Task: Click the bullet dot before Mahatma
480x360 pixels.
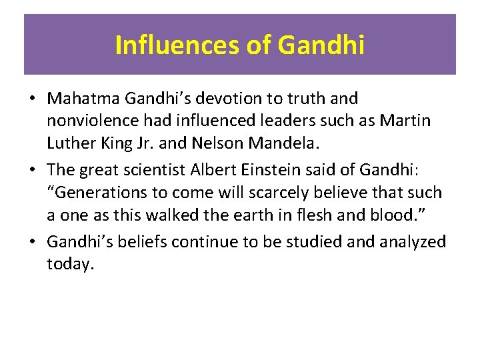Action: point(32,99)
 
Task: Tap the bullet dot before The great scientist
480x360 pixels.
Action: point(32,170)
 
